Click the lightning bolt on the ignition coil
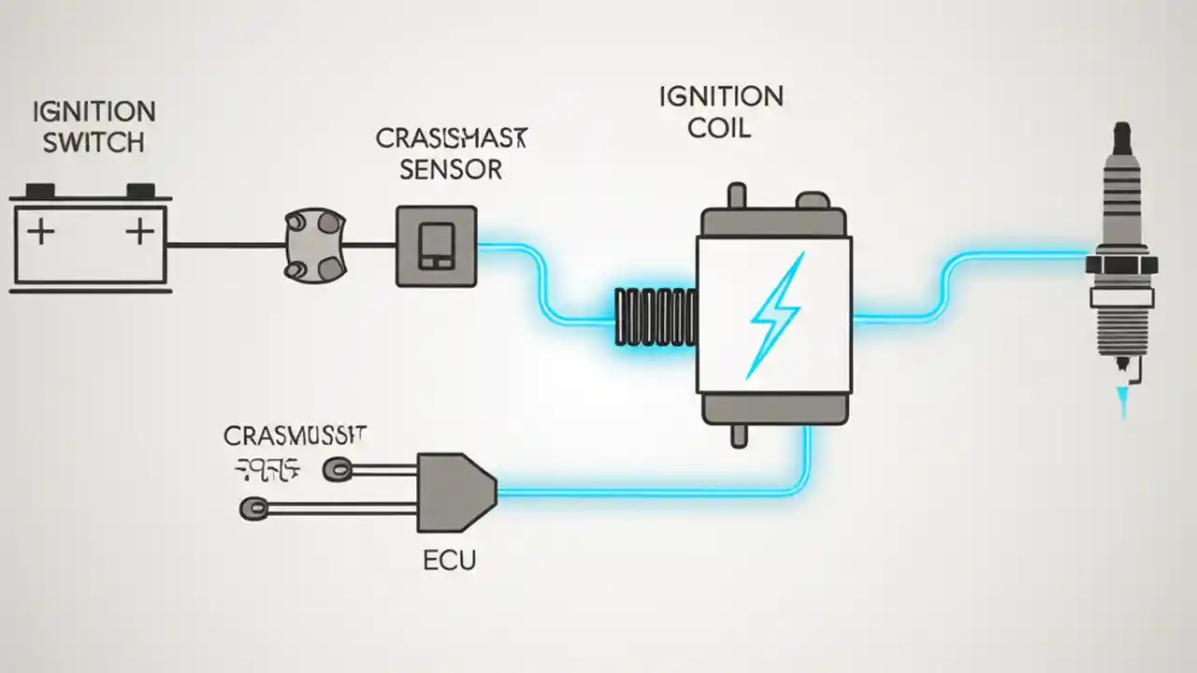(773, 313)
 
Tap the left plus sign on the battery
(39, 231)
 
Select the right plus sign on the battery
(138, 231)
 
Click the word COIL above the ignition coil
(718, 128)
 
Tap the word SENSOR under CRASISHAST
(450, 169)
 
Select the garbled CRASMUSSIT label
(296, 435)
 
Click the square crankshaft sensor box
(436, 246)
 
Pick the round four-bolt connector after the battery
(314, 245)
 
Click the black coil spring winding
(655, 318)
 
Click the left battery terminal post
(39, 190)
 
